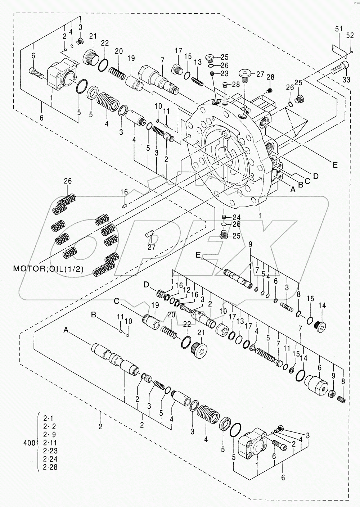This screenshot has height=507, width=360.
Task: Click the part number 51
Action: coord(338,29)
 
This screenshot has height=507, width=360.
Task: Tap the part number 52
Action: coord(350,35)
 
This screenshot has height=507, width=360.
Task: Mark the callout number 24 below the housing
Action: coord(236,217)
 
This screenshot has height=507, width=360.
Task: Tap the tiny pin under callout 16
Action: coord(124,206)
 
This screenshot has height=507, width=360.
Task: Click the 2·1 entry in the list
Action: coord(48,419)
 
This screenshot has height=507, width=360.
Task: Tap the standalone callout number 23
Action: coord(225,73)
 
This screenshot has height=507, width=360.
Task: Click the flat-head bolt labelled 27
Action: coord(244,74)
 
